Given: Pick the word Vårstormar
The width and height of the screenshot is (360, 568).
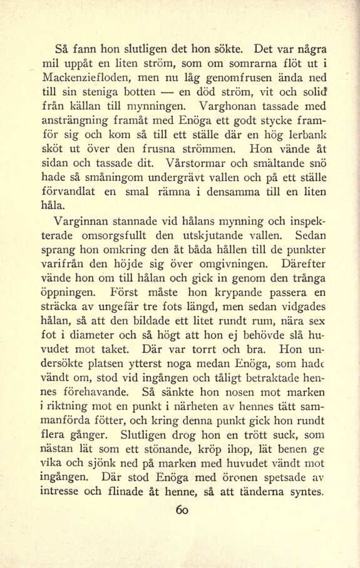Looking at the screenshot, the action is point(192,163).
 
